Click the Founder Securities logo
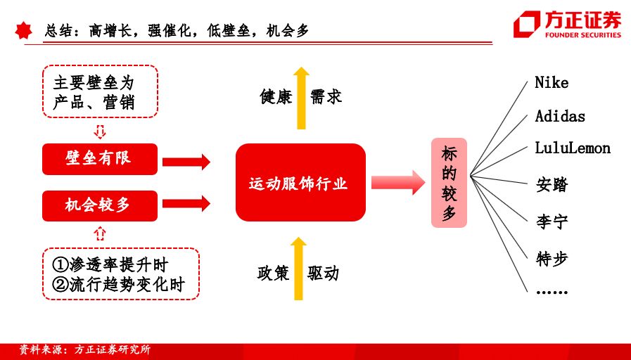(x=566, y=24)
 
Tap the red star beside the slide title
(x=23, y=30)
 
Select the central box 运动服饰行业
(x=300, y=182)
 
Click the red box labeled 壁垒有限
(x=100, y=159)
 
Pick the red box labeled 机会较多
(x=100, y=205)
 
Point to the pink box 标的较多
(x=449, y=183)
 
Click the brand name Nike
(x=552, y=83)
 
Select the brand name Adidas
(x=560, y=116)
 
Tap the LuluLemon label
(x=572, y=148)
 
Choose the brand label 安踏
(x=552, y=185)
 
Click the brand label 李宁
(x=552, y=221)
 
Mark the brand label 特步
(x=552, y=259)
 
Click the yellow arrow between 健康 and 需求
(x=301, y=98)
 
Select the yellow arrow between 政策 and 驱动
(x=298, y=269)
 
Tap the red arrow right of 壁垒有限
(x=186, y=162)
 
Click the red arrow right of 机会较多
(x=186, y=203)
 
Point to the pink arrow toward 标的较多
(x=398, y=183)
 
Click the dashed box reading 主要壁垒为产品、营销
(x=100, y=91)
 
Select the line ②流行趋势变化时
(x=119, y=285)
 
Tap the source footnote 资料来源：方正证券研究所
(x=84, y=349)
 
